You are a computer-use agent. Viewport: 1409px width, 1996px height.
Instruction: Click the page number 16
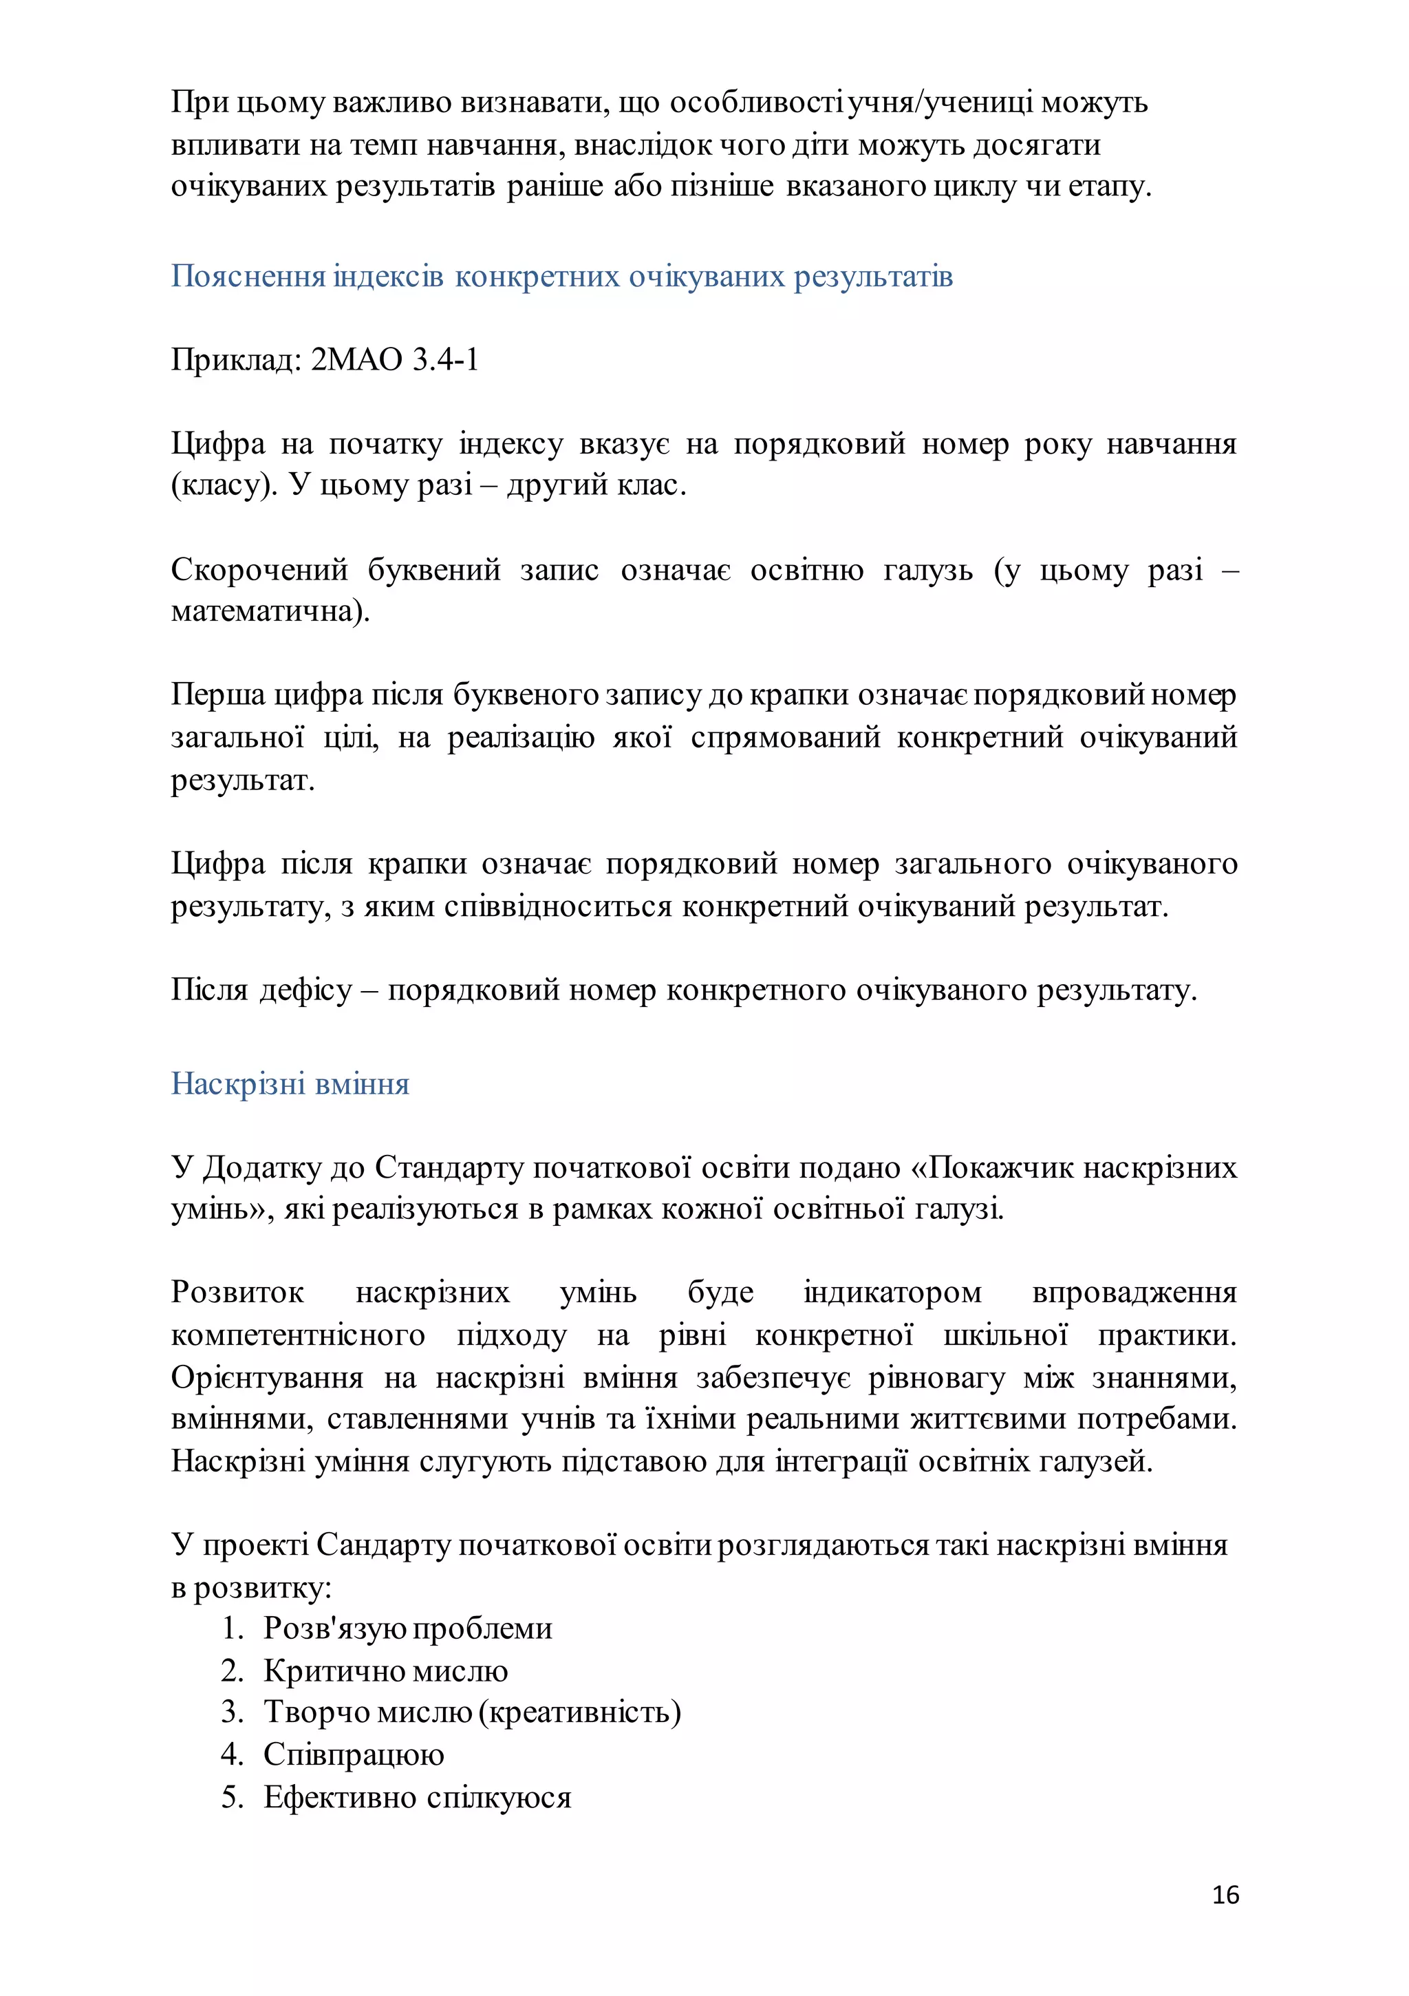point(1225,1894)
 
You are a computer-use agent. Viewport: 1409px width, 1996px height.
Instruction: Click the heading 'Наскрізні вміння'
point(290,1083)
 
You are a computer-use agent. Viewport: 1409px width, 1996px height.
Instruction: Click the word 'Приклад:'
point(235,359)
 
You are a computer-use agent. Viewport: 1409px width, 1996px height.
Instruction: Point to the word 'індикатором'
point(893,1293)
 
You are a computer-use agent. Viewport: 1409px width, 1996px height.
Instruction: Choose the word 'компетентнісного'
point(298,1335)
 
